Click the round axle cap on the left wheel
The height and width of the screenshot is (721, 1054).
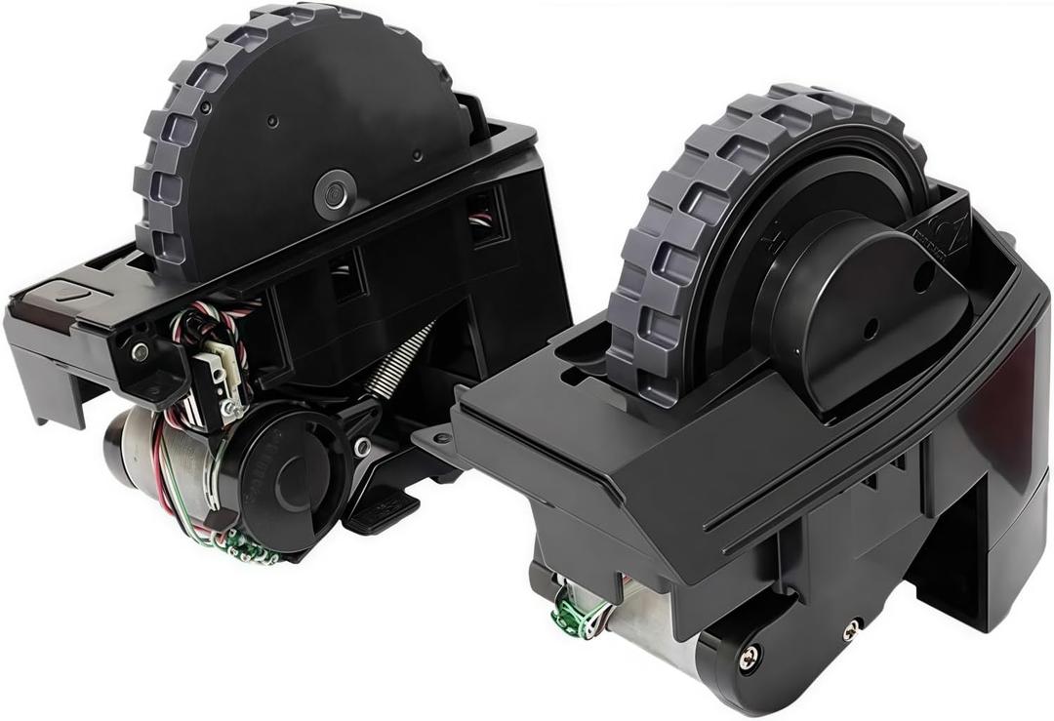pos(335,192)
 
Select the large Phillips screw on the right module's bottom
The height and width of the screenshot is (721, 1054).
pos(750,658)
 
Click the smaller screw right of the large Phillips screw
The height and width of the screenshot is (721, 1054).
pos(852,629)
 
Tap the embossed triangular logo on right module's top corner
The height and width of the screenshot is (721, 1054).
pos(942,234)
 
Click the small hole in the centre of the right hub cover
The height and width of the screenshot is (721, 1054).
pos(870,328)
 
